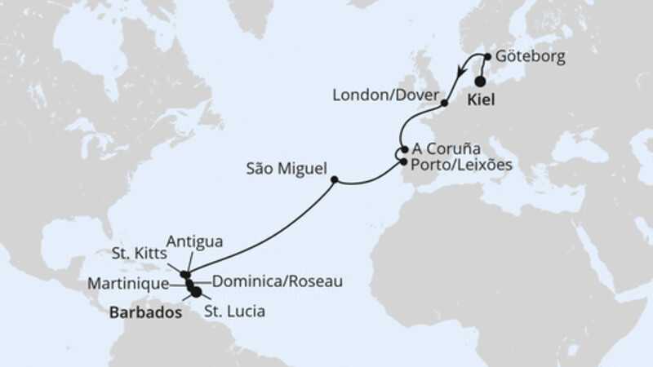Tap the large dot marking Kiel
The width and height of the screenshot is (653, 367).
point(480,81)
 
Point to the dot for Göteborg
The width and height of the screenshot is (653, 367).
point(488,57)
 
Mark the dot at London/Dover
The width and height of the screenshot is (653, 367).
point(444,104)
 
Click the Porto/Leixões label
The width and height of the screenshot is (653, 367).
point(462,164)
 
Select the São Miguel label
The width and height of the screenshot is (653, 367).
point(285,171)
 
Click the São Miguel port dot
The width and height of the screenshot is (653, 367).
point(334,180)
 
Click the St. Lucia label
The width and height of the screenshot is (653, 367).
point(235,311)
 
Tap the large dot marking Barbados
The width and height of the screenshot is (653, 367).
point(196,293)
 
